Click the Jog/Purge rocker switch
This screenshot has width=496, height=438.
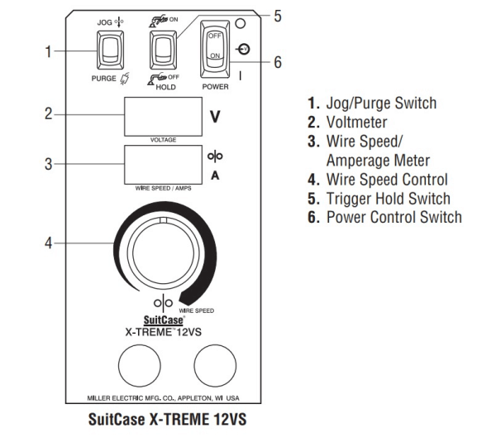click(110, 51)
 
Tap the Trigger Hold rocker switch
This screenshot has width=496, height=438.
click(162, 51)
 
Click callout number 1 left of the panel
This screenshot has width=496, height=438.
click(49, 51)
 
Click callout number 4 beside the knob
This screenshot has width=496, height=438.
click(49, 244)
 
